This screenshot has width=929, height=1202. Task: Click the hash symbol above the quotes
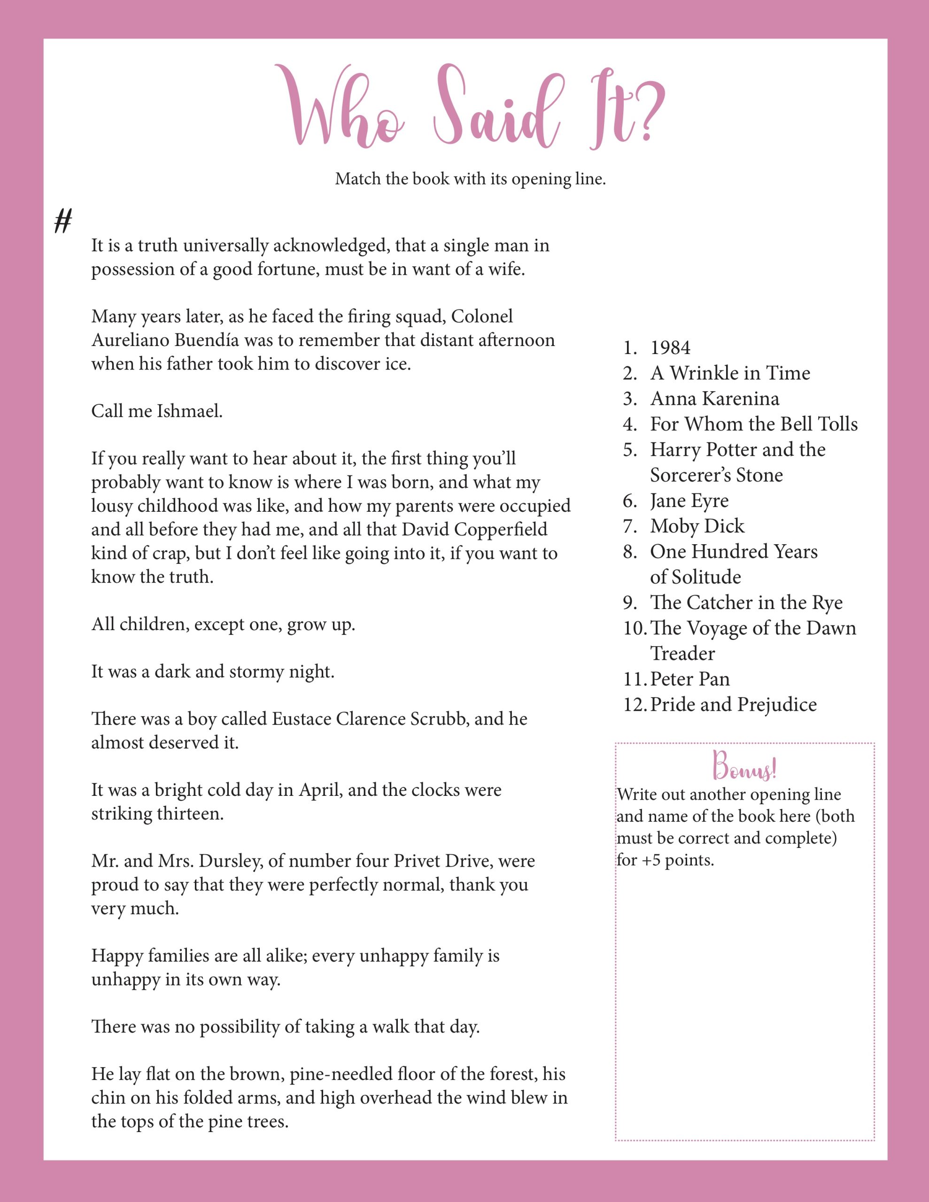point(63,221)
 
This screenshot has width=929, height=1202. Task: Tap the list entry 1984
point(670,348)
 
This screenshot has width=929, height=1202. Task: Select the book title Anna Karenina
point(714,399)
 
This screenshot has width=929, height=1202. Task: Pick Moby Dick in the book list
point(697,526)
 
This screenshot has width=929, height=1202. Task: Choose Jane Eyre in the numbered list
point(689,501)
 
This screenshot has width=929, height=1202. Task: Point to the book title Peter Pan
point(689,679)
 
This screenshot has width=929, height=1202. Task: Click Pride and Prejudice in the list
point(733,704)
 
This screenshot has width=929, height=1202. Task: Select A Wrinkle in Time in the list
point(730,373)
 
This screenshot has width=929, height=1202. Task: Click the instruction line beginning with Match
point(470,179)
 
